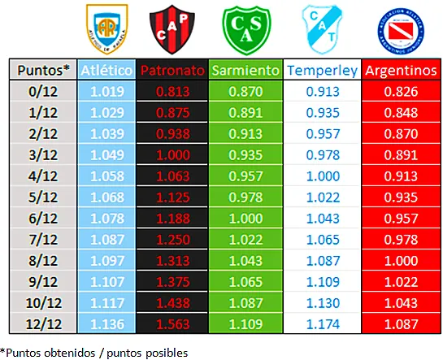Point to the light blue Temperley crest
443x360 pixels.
coord(319,28)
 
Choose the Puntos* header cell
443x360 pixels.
coord(44,71)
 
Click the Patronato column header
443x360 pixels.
coord(172,71)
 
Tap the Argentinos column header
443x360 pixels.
coord(400,71)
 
